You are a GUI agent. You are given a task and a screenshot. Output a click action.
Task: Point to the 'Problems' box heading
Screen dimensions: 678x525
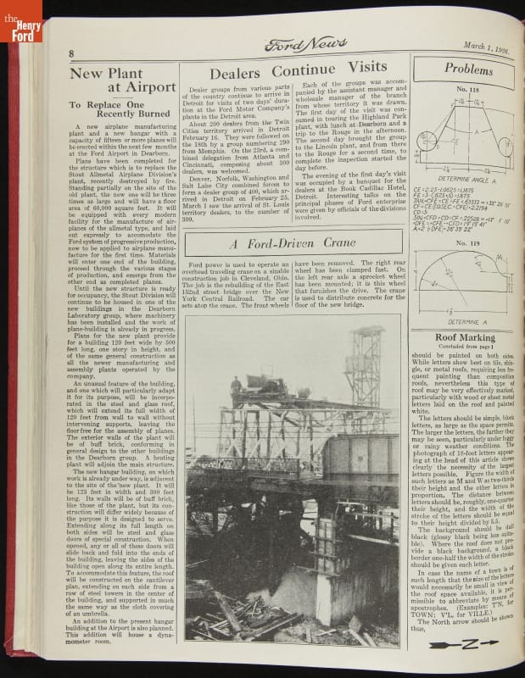click(468, 69)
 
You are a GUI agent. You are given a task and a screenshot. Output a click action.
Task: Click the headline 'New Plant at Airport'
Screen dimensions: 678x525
click(111, 80)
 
